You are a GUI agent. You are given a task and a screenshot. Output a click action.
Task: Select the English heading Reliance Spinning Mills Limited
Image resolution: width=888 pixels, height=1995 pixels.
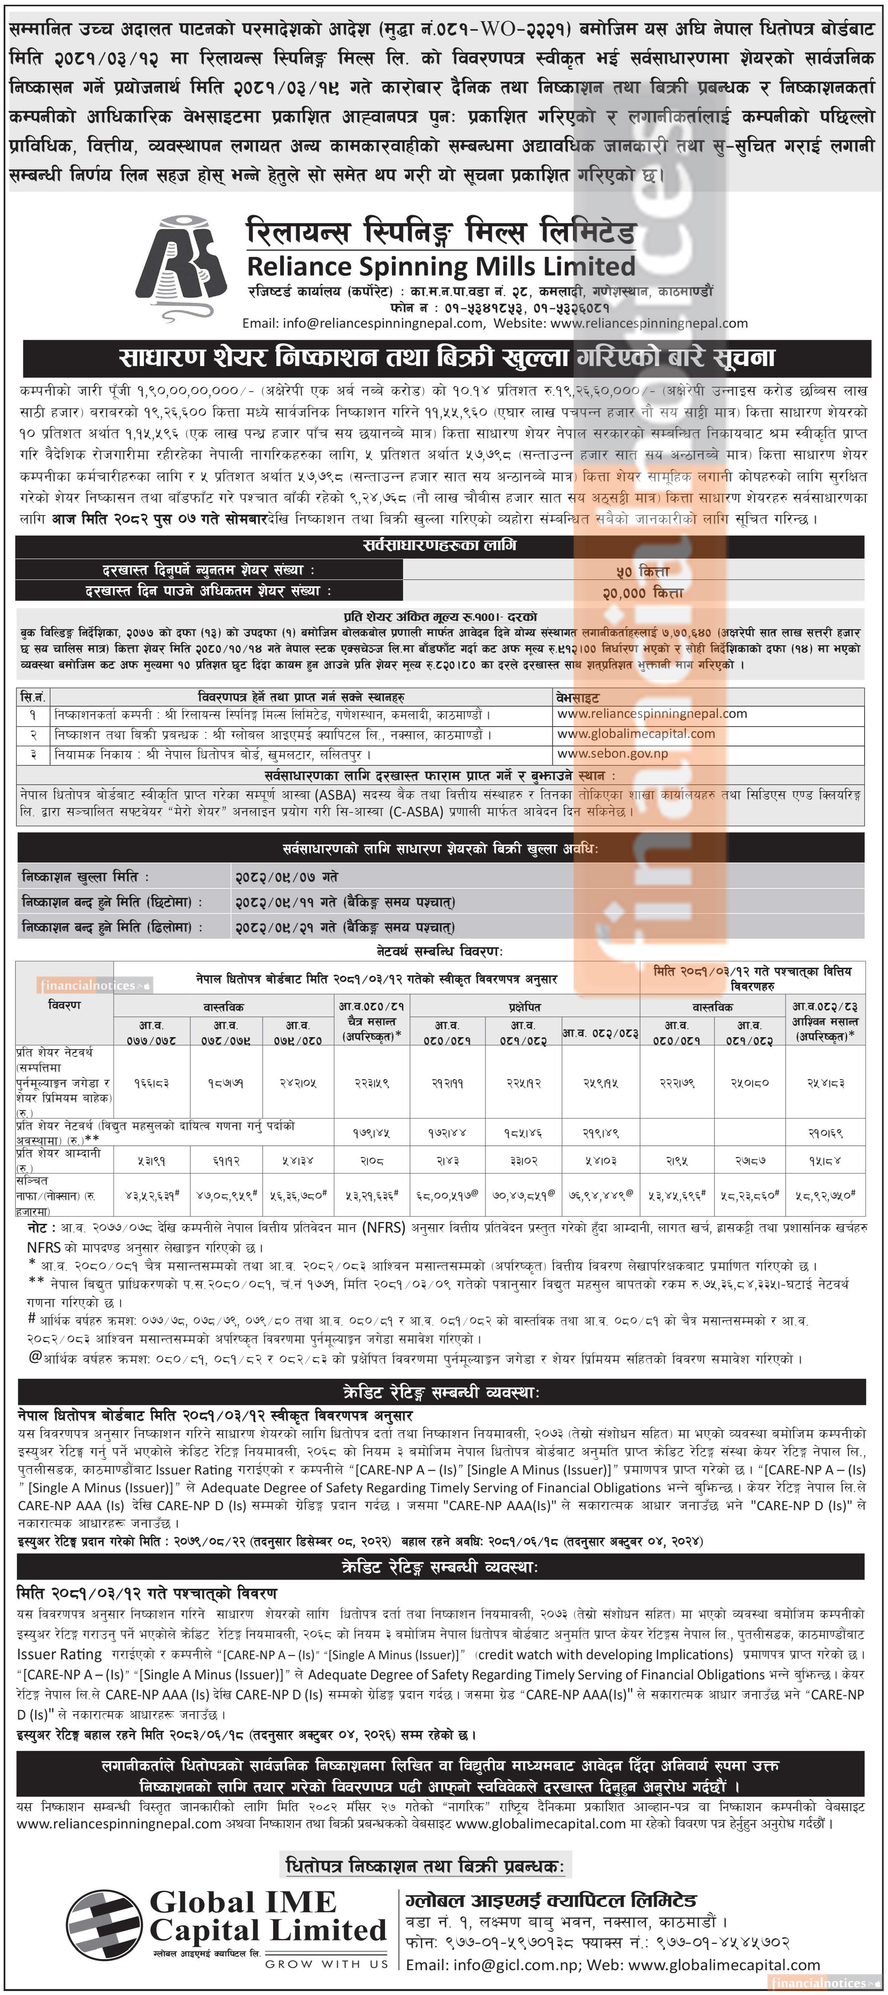[x=440, y=266]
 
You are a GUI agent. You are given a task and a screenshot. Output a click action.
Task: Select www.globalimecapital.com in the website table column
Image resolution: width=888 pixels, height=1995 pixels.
[x=636, y=734]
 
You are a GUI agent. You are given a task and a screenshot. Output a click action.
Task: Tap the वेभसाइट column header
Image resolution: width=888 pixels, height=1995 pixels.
[x=578, y=697]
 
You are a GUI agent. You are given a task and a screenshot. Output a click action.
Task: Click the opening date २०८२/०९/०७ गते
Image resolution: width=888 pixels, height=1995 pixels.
[x=287, y=877]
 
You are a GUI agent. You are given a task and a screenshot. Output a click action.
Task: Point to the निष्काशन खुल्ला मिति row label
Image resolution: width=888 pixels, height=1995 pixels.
[x=85, y=877]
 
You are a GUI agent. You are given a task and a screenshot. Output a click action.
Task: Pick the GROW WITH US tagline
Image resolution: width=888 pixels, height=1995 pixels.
[x=326, y=1964]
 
